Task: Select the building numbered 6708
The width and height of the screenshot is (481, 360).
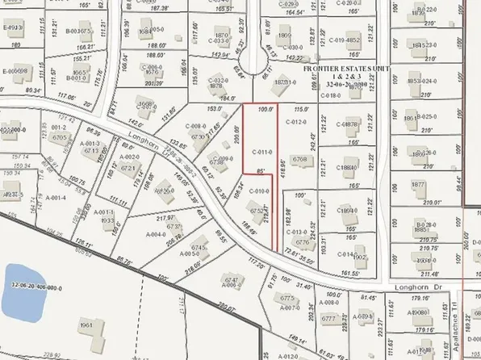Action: [300, 160]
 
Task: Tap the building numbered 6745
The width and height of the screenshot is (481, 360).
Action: [198, 249]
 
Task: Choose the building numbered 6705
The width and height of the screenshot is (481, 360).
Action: [60, 137]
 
